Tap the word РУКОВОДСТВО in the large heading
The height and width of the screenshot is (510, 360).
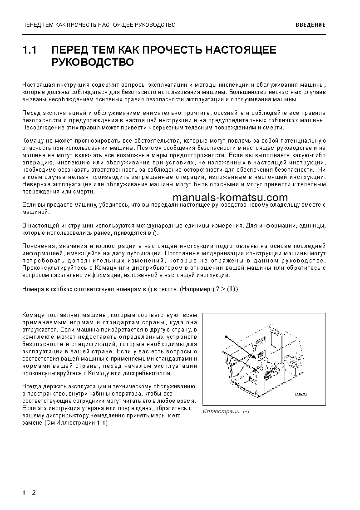click(x=93, y=62)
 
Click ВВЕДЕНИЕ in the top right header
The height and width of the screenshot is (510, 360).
click(x=311, y=25)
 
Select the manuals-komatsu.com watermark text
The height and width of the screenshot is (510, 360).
click(x=230, y=198)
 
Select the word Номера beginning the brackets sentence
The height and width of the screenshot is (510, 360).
click(x=33, y=289)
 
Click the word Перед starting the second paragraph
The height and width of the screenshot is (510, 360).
click(x=30, y=113)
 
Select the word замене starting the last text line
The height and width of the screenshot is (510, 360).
click(x=32, y=423)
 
